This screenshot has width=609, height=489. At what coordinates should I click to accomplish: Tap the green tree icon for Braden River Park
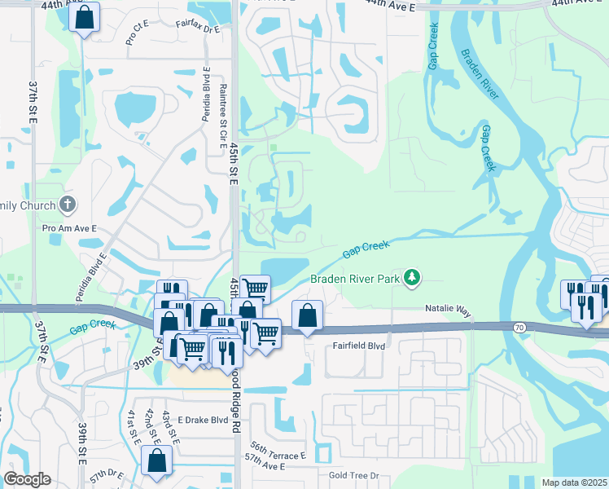pyautogui.click(x=413, y=278)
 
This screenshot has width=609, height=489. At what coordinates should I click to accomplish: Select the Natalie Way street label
pyautogui.click(x=448, y=311)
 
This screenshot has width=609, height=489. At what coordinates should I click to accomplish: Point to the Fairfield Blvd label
pyautogui.click(x=358, y=346)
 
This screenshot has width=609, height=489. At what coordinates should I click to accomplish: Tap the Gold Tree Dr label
pyautogui.click(x=354, y=475)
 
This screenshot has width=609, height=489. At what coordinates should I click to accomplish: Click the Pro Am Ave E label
pyautogui.click(x=69, y=230)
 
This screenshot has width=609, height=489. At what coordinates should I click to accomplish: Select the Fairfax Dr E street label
pyautogui.click(x=198, y=29)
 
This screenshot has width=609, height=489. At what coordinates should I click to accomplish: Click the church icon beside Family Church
pyautogui.click(x=68, y=204)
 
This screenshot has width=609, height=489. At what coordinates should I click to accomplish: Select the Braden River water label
pyautogui.click(x=480, y=74)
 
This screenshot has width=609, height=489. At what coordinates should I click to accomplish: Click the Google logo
pyautogui.click(x=27, y=479)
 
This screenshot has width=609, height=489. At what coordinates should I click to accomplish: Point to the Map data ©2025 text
pyautogui.click(x=574, y=482)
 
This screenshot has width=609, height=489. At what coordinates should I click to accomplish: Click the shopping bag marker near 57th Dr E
pyautogui.click(x=156, y=460)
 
